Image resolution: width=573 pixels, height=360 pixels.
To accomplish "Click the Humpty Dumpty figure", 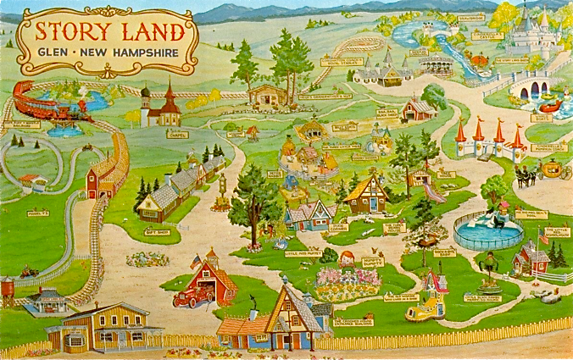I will pyautogui.click(x=346, y=259).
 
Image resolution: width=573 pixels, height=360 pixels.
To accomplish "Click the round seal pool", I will pyautogui.click(x=488, y=230).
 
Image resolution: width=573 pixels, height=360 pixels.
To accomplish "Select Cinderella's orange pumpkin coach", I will pyautogui.click(x=552, y=169).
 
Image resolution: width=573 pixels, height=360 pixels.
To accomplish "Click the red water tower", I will pyautogui.click(x=7, y=291).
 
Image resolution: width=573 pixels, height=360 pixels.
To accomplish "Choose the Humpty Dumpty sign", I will pyautogui.click(x=373, y=262).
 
